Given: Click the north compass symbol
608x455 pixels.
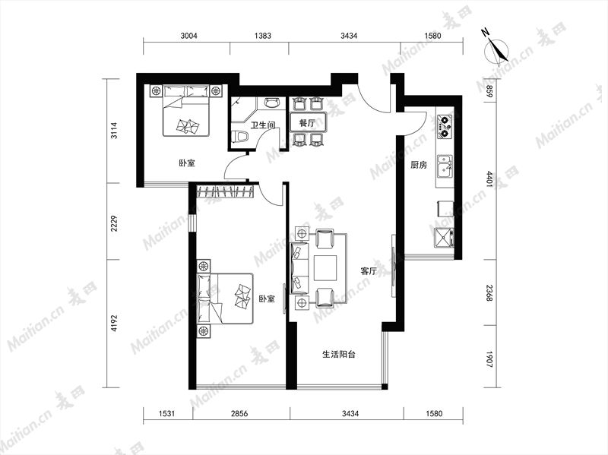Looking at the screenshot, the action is [x=497, y=50].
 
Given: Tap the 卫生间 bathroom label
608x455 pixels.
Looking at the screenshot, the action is [x=263, y=125].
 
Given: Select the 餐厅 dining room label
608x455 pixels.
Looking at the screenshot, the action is [x=307, y=123].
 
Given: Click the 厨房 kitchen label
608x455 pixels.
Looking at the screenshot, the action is [x=419, y=165].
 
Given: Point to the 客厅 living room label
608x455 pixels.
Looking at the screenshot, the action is [x=369, y=271].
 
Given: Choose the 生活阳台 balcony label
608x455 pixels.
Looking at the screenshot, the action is [x=339, y=354].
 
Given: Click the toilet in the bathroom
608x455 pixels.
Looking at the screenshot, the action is [x=240, y=137].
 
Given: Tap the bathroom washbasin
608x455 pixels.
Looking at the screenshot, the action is [x=271, y=103].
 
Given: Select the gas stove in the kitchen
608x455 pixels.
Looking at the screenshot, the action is [x=445, y=127].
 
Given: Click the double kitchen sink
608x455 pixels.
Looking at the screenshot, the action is [x=445, y=166].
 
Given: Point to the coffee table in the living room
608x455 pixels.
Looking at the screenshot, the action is [x=326, y=268].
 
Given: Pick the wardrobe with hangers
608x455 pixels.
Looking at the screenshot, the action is [x=226, y=192].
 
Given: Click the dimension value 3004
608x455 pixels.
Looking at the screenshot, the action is [x=188, y=36].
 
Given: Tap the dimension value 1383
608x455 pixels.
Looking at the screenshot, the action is [x=262, y=36].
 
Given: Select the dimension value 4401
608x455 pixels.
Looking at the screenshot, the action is [x=489, y=179].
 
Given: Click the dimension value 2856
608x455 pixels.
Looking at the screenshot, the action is [x=239, y=413].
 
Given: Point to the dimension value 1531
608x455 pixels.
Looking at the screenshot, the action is [x=166, y=413].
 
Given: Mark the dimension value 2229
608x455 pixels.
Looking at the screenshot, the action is [x=114, y=223].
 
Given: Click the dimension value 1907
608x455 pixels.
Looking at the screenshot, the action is [x=489, y=359].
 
